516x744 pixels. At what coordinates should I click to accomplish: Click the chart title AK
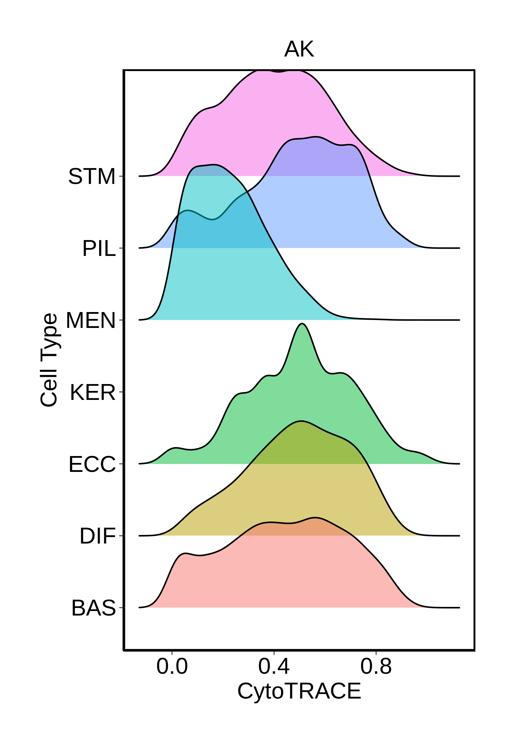coord(299,50)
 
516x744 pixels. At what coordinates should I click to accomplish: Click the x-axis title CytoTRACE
coord(299,691)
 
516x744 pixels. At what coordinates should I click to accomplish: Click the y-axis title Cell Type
coord(49,360)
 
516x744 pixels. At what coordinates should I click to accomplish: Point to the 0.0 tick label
coord(172,666)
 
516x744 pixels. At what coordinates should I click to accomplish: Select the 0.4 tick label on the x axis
coord(274,666)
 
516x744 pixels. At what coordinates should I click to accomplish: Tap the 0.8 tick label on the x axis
coord(376,666)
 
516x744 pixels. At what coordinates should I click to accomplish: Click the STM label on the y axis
coord(92,177)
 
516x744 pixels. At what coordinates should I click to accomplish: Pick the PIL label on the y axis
coord(99,248)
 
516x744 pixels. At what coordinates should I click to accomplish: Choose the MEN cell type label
coord(90,320)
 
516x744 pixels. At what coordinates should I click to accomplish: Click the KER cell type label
coord(93,392)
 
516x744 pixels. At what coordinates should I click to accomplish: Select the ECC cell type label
coord(92,464)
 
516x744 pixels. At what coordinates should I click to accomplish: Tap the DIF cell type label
coord(97,536)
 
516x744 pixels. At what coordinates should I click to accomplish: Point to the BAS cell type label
coord(94,608)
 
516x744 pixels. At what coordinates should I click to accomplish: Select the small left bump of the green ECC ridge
coord(176,448)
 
